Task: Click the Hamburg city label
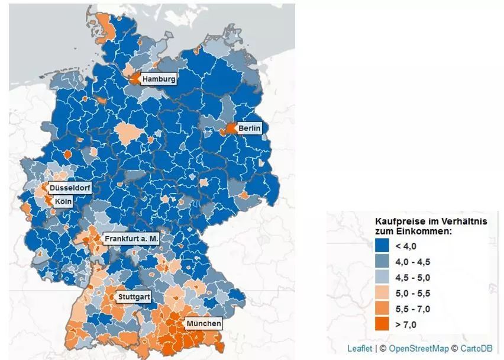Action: pos(159,79)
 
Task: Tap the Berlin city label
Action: pos(249,128)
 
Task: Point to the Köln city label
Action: pos(63,201)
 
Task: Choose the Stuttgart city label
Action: pos(133,295)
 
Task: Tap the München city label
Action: pos(203,323)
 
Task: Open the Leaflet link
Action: pos(360,349)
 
